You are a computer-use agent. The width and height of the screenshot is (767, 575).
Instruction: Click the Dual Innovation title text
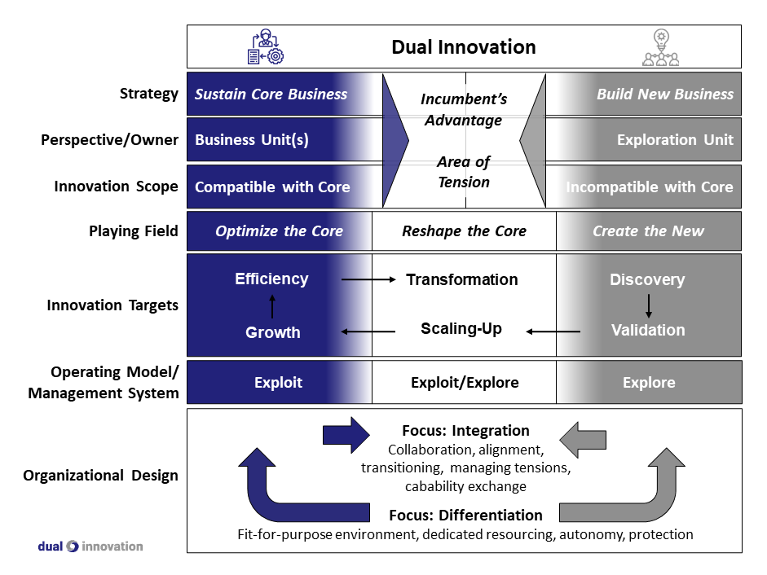pyautogui.click(x=464, y=47)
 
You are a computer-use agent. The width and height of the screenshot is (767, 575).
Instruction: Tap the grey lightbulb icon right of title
pyautogui.click(x=660, y=47)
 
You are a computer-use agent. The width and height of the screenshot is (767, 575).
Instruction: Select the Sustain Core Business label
pyautogui.click(x=271, y=94)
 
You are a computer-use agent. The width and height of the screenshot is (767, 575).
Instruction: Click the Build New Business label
pyautogui.click(x=664, y=94)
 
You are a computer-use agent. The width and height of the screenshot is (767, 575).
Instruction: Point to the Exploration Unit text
pyautogui.click(x=674, y=140)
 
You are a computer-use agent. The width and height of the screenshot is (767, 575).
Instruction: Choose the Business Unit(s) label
pyautogui.click(x=252, y=140)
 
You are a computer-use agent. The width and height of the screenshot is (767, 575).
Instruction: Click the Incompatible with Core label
pyautogui.click(x=650, y=187)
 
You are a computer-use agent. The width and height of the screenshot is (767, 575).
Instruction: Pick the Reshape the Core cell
pyautogui.click(x=464, y=231)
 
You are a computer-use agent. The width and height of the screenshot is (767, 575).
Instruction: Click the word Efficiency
pyautogui.click(x=271, y=279)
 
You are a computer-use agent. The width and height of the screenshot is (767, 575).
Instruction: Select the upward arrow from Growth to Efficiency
pyautogui.click(x=272, y=305)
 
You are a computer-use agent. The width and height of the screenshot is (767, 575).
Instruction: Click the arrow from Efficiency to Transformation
pyautogui.click(x=369, y=279)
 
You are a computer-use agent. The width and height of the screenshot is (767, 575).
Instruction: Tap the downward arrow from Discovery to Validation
pyautogui.click(x=649, y=305)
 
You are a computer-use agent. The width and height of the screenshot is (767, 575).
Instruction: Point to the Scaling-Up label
pyautogui.click(x=461, y=329)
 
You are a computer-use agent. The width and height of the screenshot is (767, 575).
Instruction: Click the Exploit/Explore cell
pyautogui.click(x=464, y=383)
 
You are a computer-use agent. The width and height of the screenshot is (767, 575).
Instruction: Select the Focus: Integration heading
pyautogui.click(x=465, y=431)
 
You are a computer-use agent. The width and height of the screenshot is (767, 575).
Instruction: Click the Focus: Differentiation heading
pyautogui.click(x=465, y=516)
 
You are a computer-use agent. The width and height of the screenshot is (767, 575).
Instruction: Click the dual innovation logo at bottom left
pyautogui.click(x=90, y=546)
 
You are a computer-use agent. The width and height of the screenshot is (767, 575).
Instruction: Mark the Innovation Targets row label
pyautogui.click(x=112, y=305)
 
